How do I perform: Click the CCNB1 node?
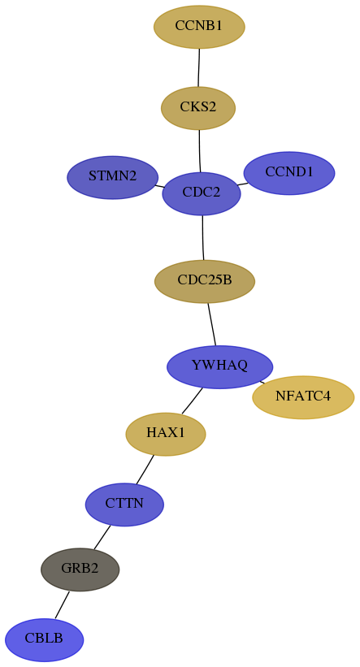point(199,27)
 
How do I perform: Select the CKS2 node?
point(198,108)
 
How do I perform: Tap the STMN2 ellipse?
point(113,177)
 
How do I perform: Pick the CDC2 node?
point(202,193)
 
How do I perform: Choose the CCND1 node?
point(289,173)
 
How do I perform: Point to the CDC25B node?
point(205,281)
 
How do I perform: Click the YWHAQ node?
point(219,366)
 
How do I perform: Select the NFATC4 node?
point(303,397)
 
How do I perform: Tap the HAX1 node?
point(166,434)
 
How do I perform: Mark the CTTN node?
point(124,505)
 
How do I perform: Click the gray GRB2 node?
point(80,570)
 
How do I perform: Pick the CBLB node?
point(44,639)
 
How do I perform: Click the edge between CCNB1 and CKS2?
point(199,67)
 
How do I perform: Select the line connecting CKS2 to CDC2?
point(200,151)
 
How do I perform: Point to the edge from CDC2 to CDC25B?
point(203,237)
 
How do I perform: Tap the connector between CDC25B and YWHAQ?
point(212,324)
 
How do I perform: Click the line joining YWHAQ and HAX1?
point(192,401)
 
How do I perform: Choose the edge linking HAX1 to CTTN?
point(145,470)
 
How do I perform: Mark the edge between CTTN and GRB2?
point(102,537)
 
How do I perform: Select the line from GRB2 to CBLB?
point(62,604)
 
